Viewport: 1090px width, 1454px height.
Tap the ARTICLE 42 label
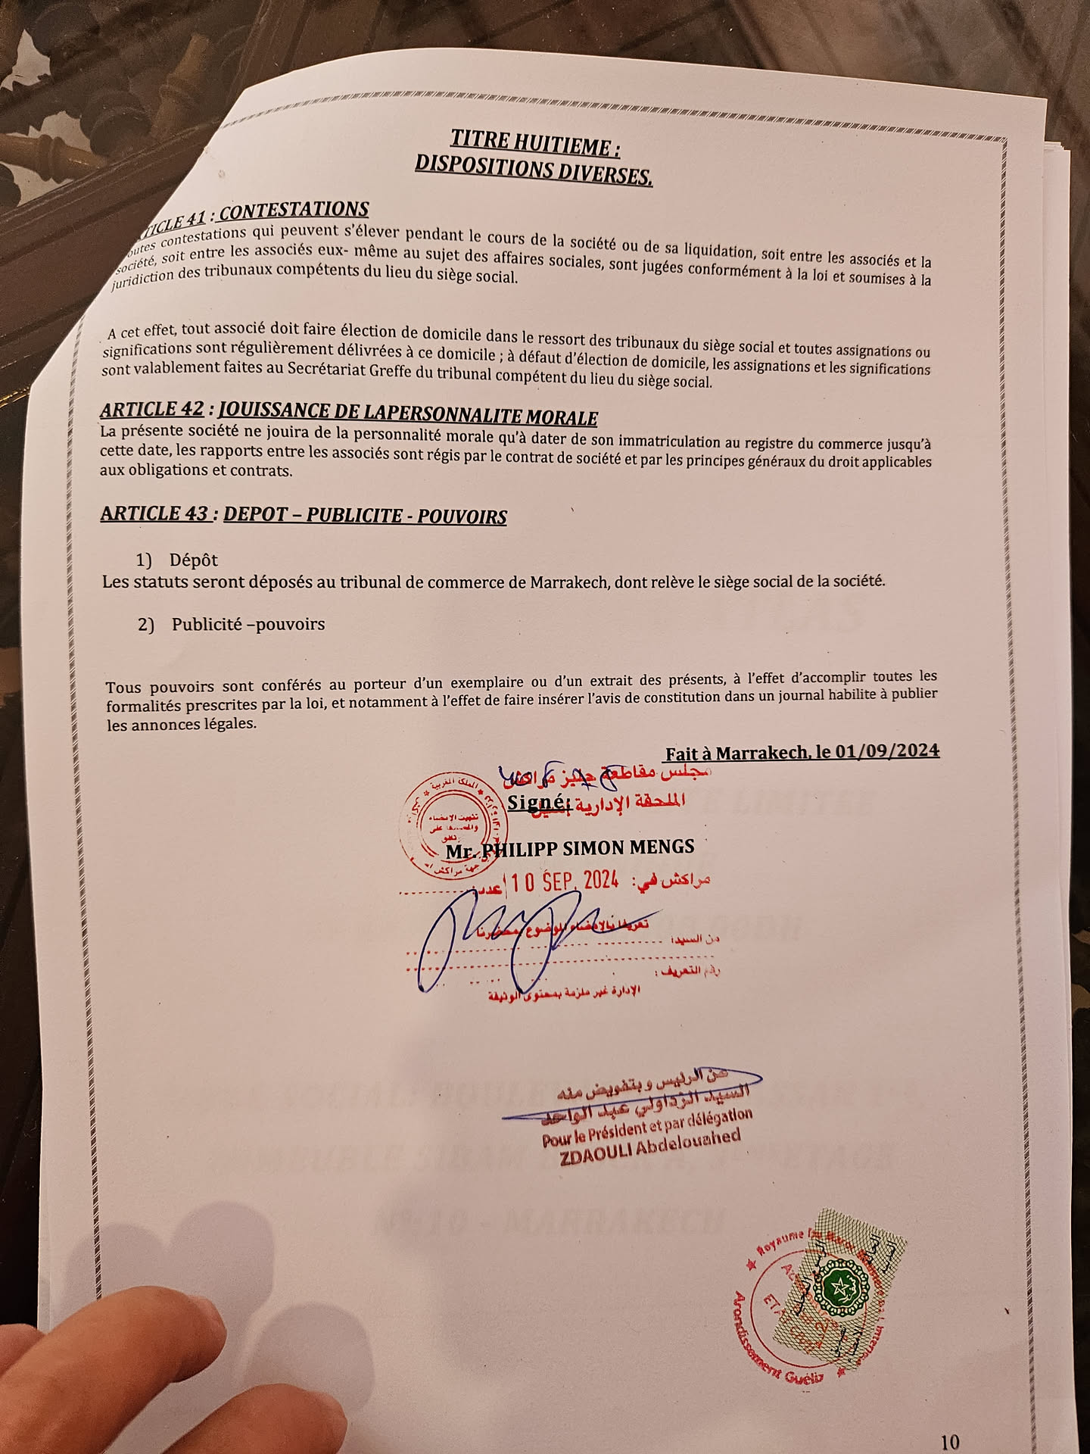[x=152, y=410]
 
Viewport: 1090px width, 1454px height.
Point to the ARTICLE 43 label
[x=154, y=513]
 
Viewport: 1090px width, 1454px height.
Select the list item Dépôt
[x=193, y=560]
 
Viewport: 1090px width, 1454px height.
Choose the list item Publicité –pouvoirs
[x=248, y=625]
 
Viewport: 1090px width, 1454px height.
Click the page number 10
[x=949, y=1420]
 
